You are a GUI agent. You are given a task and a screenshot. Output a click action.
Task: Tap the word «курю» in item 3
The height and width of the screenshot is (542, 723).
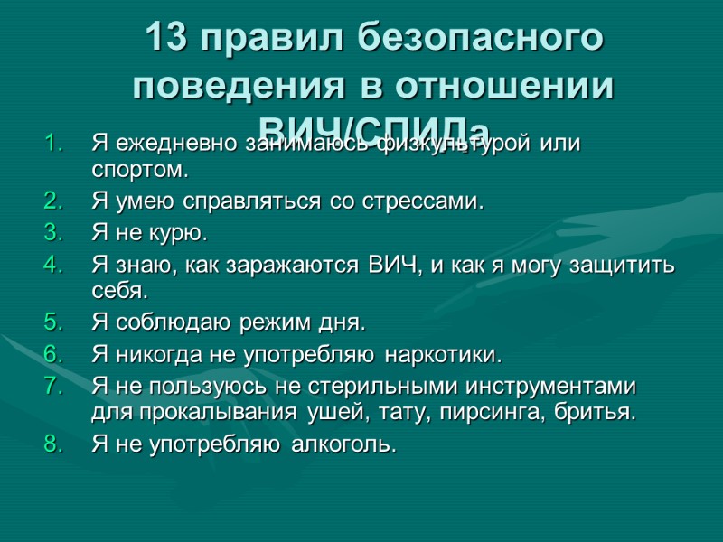point(181,233)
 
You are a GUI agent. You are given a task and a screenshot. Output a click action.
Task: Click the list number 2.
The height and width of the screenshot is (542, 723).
point(52,201)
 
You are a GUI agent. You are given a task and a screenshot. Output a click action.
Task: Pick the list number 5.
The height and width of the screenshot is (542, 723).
point(52,322)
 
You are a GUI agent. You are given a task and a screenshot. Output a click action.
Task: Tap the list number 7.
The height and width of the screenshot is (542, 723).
point(52,387)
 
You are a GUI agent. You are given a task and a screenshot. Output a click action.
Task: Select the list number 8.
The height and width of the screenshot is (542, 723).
point(52,444)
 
